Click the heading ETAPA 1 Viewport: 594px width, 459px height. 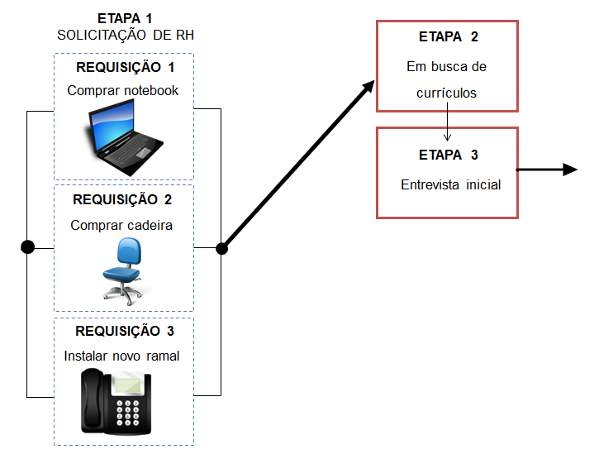[124, 17]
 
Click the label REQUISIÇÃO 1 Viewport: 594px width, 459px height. [125, 68]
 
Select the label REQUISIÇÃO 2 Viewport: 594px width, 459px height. [122, 199]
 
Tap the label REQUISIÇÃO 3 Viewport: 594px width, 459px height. [125, 331]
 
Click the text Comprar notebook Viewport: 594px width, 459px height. [123, 90]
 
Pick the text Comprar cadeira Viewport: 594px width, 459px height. [121, 224]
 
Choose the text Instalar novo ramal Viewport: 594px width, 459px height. [121, 356]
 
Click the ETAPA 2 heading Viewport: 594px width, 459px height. [447, 37]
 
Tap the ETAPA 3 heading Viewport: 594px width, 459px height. [447, 155]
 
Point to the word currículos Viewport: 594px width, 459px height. [447, 93]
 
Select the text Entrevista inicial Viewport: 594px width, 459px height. [450, 184]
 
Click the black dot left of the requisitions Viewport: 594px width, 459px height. [28, 247]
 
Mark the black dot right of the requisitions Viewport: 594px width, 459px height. [221, 247]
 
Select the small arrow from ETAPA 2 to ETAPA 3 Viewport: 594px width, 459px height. [447, 124]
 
